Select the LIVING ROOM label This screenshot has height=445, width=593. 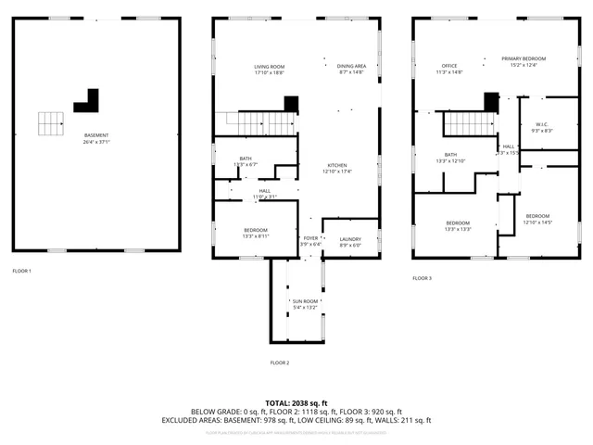tap(270, 67)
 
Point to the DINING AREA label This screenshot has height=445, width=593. tap(351, 67)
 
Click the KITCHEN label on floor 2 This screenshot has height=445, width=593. tap(336, 165)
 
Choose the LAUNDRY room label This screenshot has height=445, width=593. tap(350, 239)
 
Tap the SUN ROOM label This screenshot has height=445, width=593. tap(305, 302)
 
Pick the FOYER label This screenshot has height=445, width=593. tap(310, 239)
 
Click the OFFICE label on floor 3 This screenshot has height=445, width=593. tap(449, 66)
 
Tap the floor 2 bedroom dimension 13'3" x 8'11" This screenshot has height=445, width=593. tap(257, 236)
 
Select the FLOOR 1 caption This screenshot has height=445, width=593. tap(21, 271)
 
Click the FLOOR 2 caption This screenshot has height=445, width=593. tap(280, 362)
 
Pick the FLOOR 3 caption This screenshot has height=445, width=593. tap(423, 278)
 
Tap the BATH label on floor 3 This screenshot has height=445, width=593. tap(450, 155)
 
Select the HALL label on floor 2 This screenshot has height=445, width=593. tap(265, 191)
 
